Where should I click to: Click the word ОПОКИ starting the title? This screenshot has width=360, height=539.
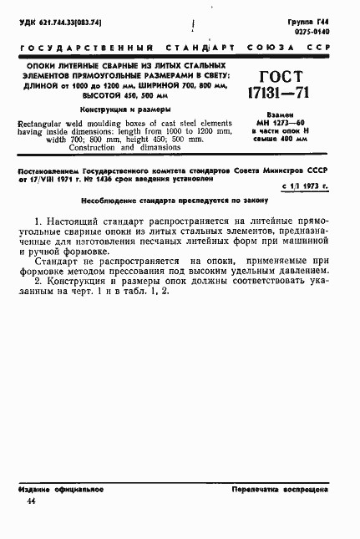click(x=44, y=64)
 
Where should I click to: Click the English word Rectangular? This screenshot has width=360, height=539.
click(x=44, y=122)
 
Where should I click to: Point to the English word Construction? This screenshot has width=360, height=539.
click(x=98, y=148)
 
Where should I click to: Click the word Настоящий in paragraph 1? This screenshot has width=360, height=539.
click(x=82, y=220)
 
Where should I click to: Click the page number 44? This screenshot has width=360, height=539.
click(x=31, y=501)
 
